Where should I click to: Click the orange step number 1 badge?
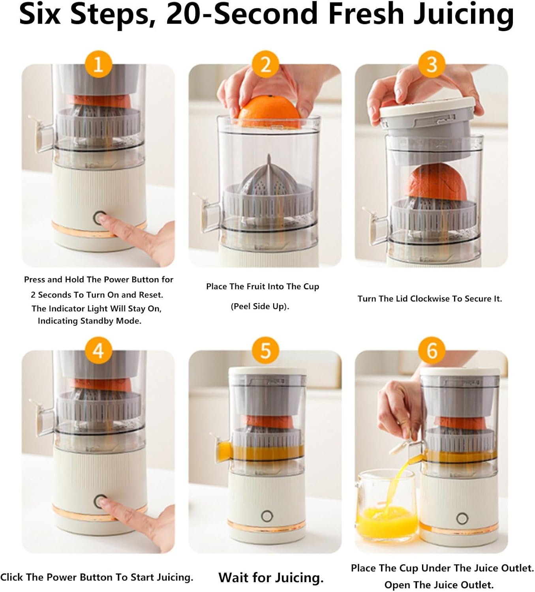98,64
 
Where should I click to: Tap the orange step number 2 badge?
265,64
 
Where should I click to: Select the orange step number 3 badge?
432,64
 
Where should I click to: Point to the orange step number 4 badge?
98,350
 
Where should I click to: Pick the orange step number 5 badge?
265,350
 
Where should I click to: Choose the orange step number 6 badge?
432,350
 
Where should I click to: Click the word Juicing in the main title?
464,15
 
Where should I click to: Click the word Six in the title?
40,14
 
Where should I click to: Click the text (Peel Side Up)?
260,306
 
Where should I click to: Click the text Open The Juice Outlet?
439,585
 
